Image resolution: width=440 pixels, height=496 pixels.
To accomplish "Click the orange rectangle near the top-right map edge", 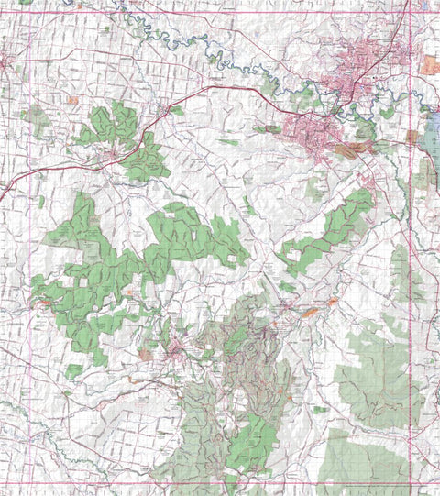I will click(430, 64).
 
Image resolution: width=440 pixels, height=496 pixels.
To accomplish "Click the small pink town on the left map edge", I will click(3, 64).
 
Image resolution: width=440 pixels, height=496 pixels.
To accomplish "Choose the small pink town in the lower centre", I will click(174, 349).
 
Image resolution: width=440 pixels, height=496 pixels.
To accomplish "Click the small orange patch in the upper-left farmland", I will click(72, 99).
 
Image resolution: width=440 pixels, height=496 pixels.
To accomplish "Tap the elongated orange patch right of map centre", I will click(311, 313).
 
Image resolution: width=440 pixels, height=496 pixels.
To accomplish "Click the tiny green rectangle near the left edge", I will click(41, 201).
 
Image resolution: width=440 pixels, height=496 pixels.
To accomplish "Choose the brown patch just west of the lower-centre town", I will click(145, 354).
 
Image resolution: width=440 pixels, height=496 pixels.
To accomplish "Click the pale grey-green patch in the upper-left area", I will click(37, 117).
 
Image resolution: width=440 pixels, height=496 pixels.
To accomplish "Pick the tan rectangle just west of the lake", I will click(412, 138).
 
